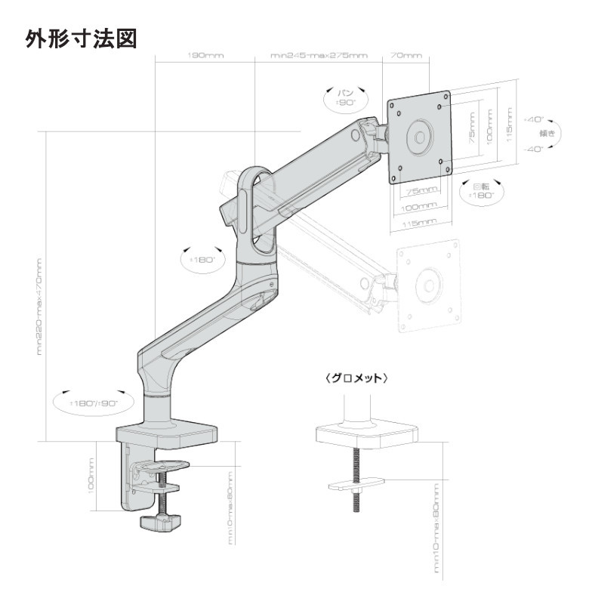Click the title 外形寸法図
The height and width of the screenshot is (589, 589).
pos(82,38)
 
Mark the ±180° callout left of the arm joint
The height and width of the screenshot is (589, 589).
pos(201,258)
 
